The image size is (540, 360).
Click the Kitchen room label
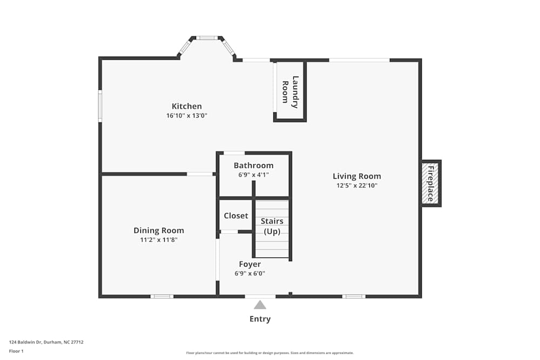point(186,106)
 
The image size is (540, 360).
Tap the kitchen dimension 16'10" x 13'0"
point(186,116)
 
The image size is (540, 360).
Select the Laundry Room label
point(290,92)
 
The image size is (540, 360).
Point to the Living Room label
point(356,176)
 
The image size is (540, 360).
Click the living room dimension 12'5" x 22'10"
point(356,186)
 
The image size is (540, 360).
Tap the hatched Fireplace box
point(430,183)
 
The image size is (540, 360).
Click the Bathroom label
point(253,165)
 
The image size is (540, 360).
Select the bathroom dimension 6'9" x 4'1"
point(253,175)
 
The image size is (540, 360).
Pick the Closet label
point(236,216)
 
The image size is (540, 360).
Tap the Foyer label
point(249,264)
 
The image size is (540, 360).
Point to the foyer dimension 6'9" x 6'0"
point(249,274)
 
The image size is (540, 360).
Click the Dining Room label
point(159,230)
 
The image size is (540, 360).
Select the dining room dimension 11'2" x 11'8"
point(159,240)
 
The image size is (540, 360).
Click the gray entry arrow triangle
point(260,305)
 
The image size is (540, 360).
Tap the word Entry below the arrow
point(260,319)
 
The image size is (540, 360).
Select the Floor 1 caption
point(16,351)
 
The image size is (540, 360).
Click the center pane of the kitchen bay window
point(206,38)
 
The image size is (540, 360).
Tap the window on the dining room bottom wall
point(161,296)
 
